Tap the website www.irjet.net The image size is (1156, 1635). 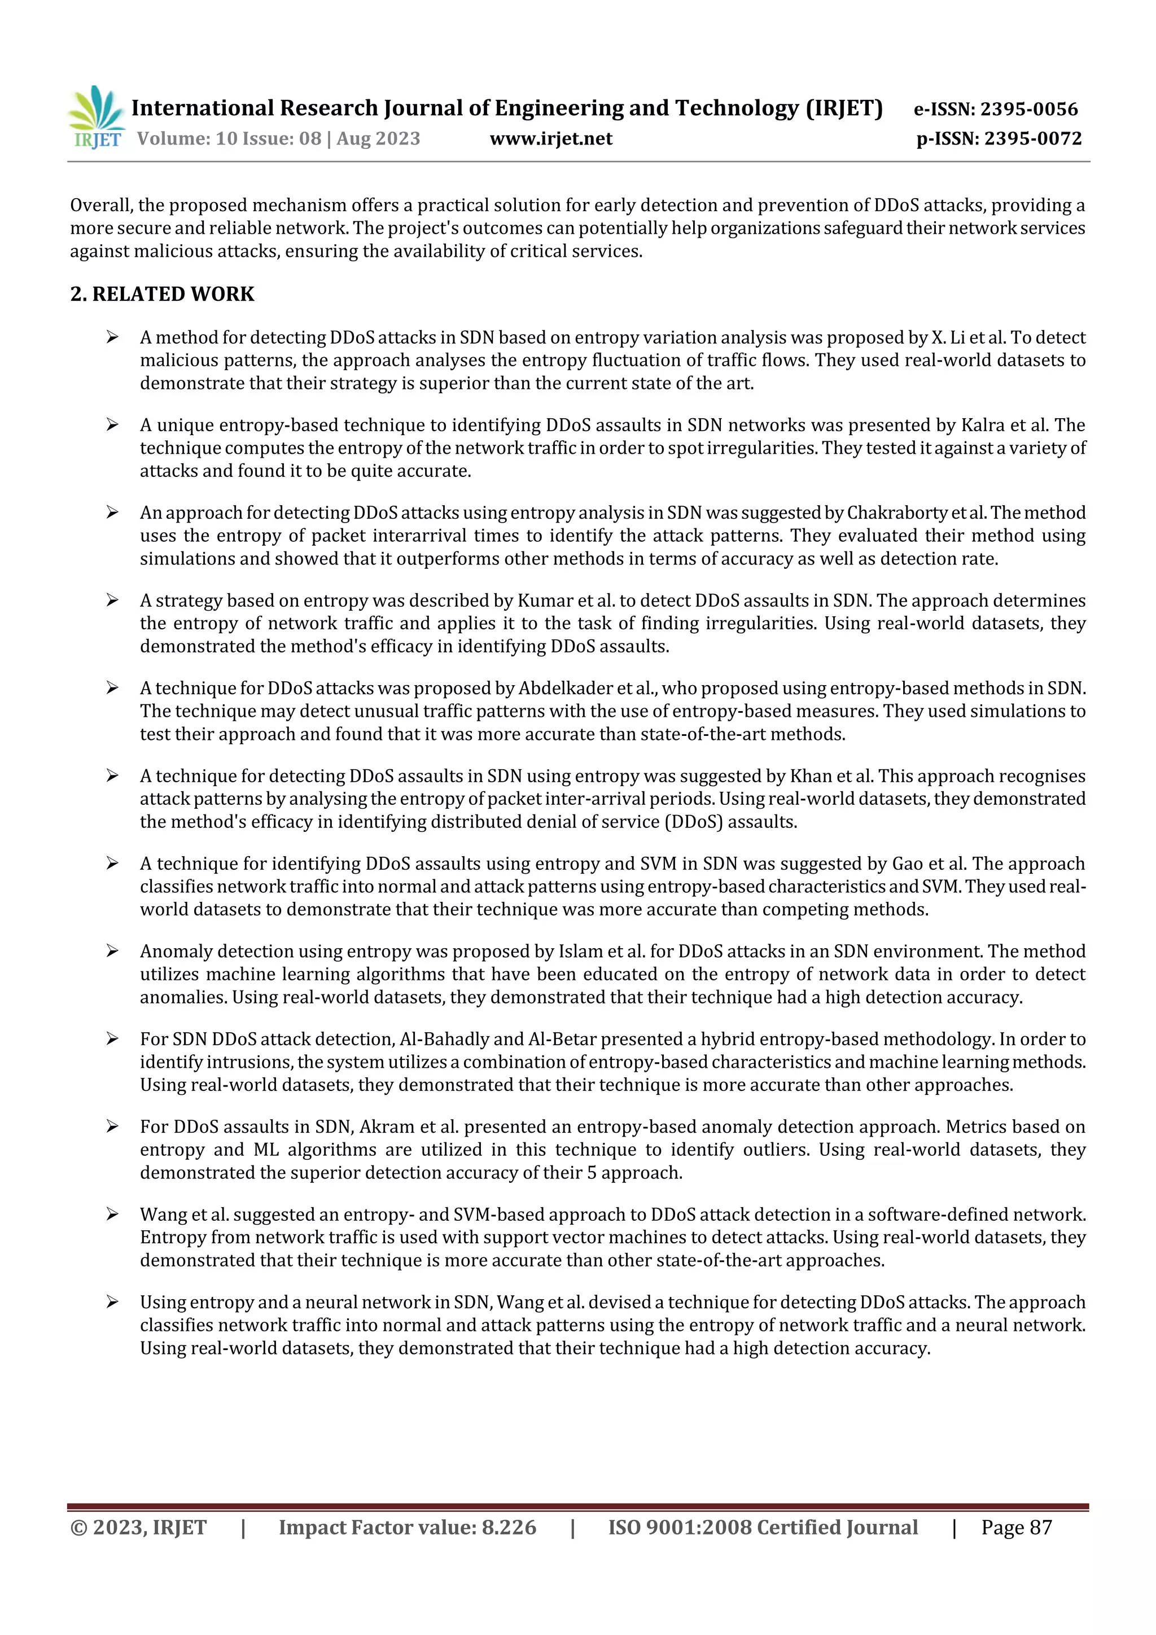pos(550,138)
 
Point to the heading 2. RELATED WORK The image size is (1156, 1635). pos(163,293)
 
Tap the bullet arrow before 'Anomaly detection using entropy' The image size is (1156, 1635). pos(112,950)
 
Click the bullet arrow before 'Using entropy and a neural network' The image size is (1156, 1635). pos(112,1301)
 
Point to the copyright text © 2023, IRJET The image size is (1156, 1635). pos(138,1527)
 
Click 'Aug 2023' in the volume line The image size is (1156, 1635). pos(378,138)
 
